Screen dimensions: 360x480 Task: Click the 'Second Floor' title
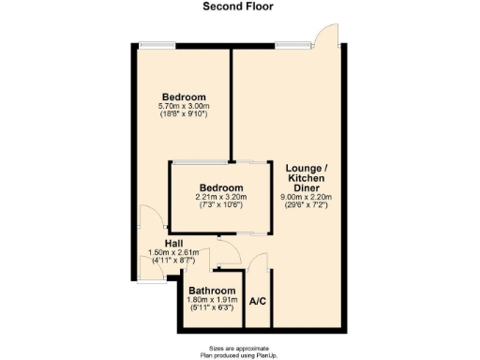coord(239,6)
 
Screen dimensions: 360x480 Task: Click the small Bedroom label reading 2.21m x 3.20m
coord(220,187)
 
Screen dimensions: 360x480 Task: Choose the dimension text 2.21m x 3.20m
coord(220,197)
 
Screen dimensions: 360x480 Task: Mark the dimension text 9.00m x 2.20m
coord(306,197)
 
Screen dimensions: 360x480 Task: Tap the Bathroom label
coord(212,290)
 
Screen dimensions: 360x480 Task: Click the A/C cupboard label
coord(258,302)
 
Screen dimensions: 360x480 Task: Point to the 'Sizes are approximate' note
coord(239,346)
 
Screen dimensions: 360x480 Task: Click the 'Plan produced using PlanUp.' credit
coord(239,353)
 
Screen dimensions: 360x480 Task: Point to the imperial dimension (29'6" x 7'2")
coord(306,205)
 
